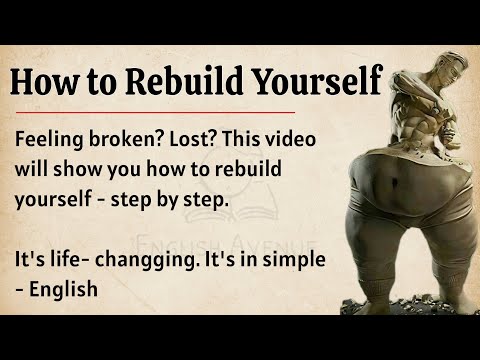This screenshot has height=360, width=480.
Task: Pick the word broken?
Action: (139, 142)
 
